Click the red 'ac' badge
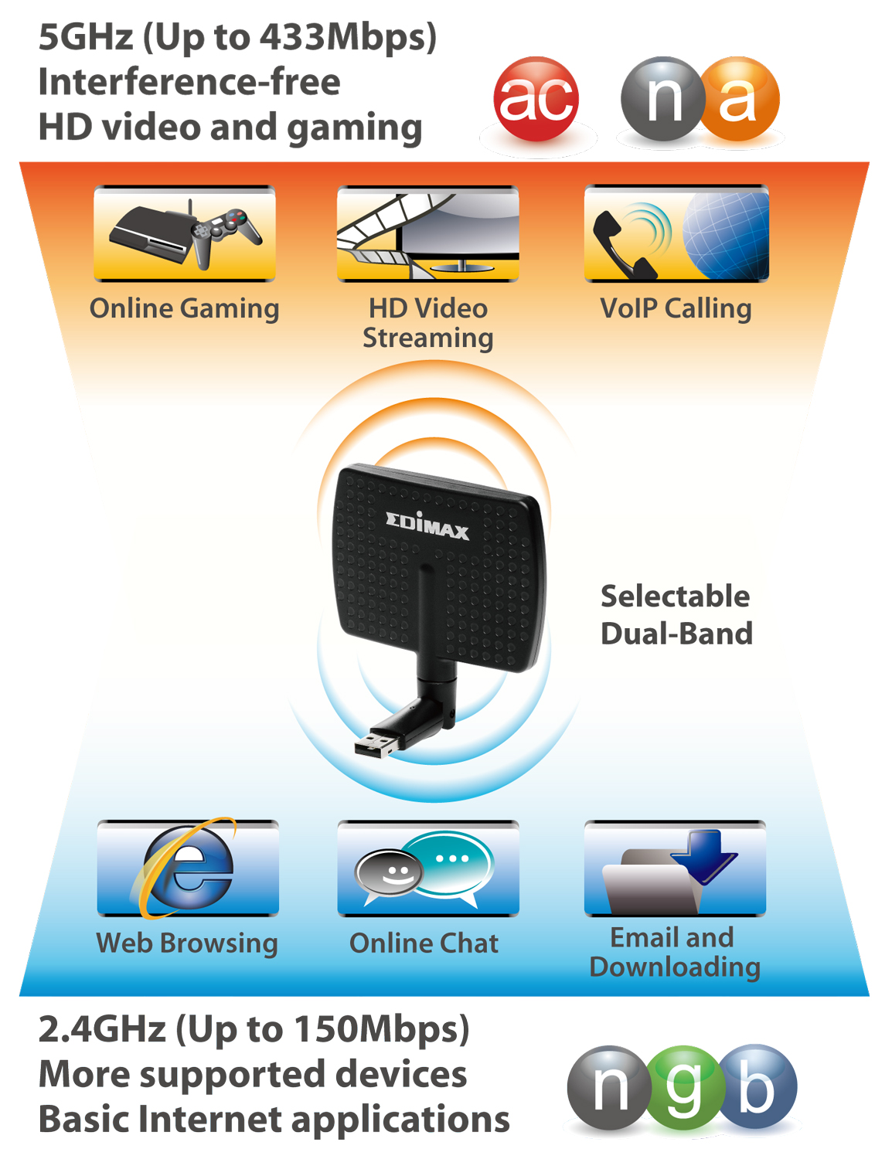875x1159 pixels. click(x=536, y=99)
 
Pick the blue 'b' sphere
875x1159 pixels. click(x=758, y=1086)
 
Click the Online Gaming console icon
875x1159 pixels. click(x=185, y=233)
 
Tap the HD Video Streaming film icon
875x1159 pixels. click(x=427, y=233)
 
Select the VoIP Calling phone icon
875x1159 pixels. click(x=676, y=233)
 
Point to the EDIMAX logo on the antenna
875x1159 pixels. click(x=427, y=525)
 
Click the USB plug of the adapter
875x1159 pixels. click(x=376, y=743)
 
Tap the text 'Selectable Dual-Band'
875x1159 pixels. click(x=676, y=615)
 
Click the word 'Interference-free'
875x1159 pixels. click(x=189, y=82)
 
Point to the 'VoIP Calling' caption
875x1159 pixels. click(x=676, y=308)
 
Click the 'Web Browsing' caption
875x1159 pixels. click(x=187, y=943)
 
